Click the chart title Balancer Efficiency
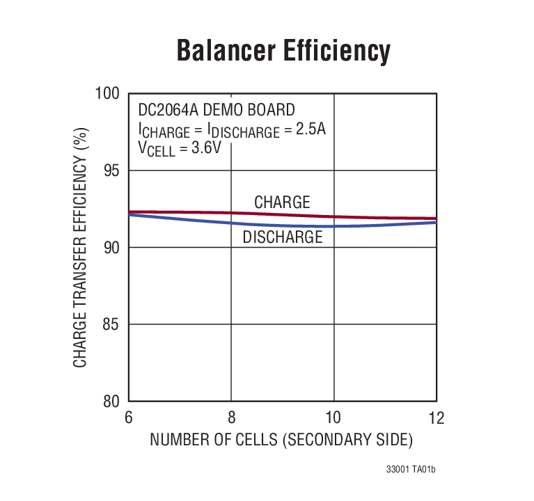(283, 51)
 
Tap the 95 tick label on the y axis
(112, 171)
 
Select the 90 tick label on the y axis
(112, 248)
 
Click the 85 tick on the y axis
(112, 325)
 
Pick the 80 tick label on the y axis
(112, 401)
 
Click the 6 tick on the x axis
(129, 417)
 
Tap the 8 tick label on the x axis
(232, 417)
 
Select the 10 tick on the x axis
(334, 417)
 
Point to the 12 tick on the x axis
(436, 417)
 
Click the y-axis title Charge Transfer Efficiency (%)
(81, 248)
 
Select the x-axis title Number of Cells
(281, 440)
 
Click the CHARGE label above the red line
(282, 202)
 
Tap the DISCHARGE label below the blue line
(283, 237)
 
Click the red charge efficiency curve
(181, 212)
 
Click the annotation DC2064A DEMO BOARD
(217, 110)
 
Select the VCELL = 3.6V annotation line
(180, 148)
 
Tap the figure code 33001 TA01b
(411, 470)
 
